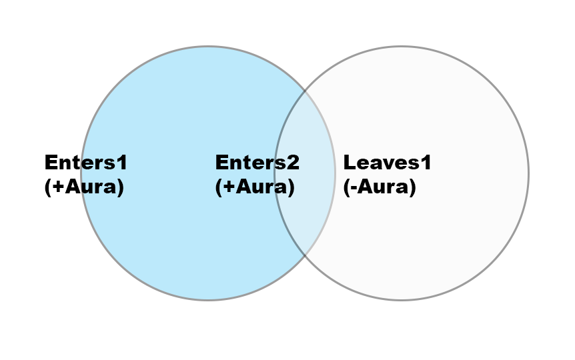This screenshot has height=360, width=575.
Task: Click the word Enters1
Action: pos(85,162)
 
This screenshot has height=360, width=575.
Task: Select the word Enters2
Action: pos(257,162)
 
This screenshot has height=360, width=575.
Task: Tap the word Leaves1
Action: pos(387,162)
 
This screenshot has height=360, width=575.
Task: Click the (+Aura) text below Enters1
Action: pos(84,187)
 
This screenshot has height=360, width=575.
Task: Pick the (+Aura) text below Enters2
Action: pos(255,187)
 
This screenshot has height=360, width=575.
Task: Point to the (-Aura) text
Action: pos(380,187)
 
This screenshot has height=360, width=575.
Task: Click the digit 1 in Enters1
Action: pos(121,162)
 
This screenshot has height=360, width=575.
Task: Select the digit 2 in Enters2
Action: pos(293,162)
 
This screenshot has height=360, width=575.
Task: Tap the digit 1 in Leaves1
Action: pos(426,162)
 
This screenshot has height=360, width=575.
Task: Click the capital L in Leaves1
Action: pos(349,162)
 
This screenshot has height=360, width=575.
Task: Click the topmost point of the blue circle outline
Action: pos(208,47)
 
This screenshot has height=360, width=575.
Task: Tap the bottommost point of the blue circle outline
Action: pos(208,300)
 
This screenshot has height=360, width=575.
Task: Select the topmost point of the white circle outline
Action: pos(402,47)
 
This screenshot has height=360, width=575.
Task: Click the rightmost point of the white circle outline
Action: pos(528,173)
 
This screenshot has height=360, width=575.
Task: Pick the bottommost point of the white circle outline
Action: pos(402,300)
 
